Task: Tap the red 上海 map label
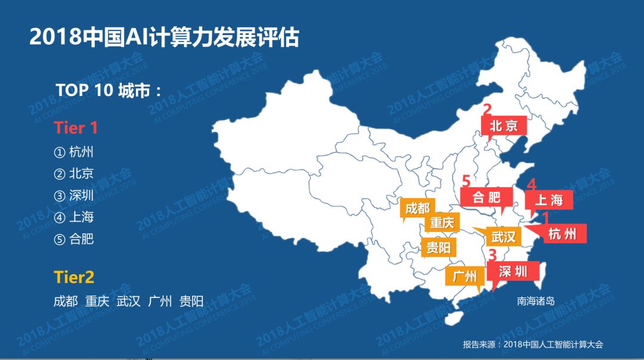548,200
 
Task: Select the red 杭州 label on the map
562,234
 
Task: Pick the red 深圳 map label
513,272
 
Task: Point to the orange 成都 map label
417,209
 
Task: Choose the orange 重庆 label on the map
442,224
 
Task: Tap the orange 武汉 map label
503,237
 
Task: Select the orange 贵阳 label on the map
438,247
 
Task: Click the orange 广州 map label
465,276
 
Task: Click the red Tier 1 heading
75,128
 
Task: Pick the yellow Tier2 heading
74,277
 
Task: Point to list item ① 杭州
74,152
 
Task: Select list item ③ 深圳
74,195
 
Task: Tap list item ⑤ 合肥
74,239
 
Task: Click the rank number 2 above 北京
487,110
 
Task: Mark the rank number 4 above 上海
531,185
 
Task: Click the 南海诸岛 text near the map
535,301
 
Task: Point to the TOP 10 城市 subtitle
109,90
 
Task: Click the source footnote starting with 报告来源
532,344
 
